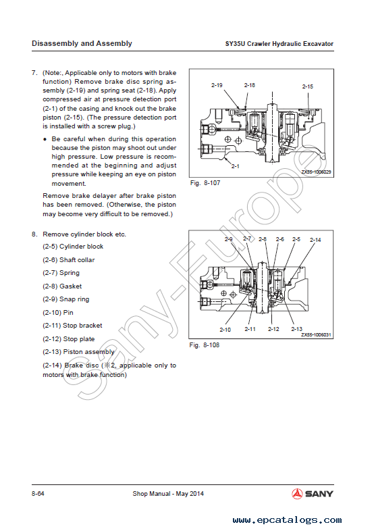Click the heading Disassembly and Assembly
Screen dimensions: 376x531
tap(82, 44)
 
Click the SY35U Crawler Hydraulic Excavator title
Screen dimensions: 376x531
tap(279, 44)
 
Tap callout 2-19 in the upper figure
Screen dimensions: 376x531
tap(217, 85)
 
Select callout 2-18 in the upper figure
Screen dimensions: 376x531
tap(249, 85)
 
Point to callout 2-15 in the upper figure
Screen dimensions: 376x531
tap(308, 86)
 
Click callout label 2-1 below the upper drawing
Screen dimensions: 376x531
tap(235, 166)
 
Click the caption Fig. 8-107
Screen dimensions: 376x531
tap(205, 183)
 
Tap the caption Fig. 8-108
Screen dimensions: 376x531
tap(205, 345)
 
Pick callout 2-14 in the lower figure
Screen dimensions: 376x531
tap(315, 240)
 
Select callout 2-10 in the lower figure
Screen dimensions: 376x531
tap(225, 330)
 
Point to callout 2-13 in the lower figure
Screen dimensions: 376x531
tap(296, 329)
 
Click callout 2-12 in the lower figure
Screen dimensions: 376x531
tap(273, 329)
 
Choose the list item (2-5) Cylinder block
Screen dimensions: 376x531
tap(73, 247)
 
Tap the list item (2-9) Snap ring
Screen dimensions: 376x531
tap(66, 299)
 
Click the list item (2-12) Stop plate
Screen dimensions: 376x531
tap(69, 339)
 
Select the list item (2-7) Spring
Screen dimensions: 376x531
tap(61, 273)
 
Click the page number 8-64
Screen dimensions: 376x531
tap(38, 494)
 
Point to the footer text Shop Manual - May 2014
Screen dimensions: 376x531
tap(168, 494)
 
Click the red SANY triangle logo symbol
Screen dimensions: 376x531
tap(297, 494)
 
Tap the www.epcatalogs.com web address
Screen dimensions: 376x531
tap(288, 520)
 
